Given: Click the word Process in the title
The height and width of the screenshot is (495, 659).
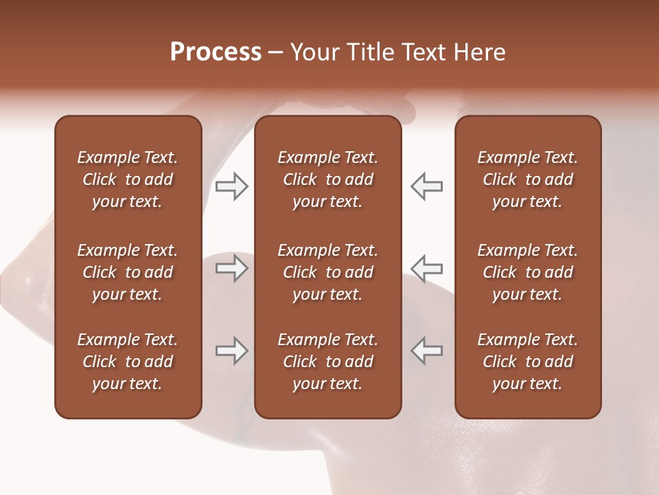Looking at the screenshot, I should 216,52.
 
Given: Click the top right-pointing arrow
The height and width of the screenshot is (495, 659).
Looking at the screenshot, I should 232,186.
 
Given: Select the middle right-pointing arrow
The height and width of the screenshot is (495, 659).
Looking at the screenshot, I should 232,268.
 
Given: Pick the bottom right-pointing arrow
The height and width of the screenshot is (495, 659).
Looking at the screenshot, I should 232,351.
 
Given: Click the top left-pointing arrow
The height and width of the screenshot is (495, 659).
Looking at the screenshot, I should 426,186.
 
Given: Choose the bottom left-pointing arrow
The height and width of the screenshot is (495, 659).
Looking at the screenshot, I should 426,350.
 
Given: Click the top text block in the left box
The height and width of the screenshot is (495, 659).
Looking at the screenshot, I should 128,179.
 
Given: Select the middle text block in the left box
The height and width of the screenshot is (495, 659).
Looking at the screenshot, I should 128,272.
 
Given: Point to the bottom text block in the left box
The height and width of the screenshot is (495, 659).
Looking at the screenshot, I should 128,362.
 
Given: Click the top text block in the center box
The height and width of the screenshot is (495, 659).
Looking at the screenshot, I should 327,179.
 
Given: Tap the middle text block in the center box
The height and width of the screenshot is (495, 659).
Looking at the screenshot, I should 327,272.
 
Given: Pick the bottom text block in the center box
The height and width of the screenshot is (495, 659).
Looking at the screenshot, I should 327,362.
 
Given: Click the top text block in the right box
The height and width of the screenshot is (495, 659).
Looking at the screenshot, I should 527,179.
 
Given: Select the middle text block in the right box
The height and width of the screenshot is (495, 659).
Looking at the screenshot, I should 527,272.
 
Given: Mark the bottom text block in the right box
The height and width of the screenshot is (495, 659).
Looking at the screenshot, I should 527,362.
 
